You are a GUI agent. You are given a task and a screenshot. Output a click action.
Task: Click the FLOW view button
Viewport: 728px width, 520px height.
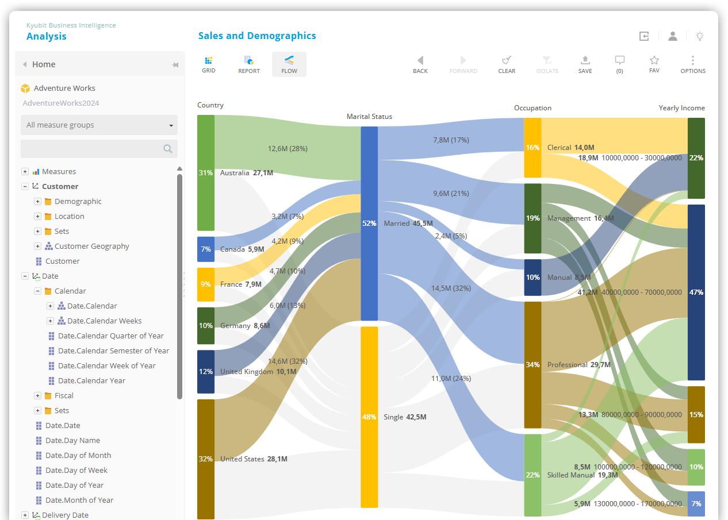[289, 64]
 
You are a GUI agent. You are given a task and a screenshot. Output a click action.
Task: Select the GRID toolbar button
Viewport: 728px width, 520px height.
[209, 64]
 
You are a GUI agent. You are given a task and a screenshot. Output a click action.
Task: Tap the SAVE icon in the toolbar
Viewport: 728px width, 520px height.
[585, 64]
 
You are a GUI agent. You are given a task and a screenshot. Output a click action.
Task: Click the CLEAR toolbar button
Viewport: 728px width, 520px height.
[507, 64]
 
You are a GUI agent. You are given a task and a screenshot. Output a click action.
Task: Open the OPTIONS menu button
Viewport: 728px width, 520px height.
[693, 64]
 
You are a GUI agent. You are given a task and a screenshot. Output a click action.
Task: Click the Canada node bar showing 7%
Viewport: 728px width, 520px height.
[206, 249]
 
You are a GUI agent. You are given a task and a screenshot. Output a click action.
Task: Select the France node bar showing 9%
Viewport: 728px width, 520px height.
[206, 284]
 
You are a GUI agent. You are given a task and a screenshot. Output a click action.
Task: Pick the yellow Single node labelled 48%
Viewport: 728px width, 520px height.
[369, 417]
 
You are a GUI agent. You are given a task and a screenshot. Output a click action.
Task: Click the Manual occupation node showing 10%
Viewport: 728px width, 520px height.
[532, 278]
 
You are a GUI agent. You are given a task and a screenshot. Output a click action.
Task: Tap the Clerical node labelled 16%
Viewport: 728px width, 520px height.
[532, 148]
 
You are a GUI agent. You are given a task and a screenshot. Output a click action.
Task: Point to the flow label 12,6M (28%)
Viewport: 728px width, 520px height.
[288, 149]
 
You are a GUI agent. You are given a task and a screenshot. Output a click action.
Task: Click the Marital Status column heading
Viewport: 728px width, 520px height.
[369, 117]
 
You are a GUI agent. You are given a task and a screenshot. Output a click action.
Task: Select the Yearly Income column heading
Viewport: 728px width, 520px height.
[681, 108]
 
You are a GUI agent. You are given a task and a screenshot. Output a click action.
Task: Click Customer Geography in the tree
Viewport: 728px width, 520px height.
[91, 246]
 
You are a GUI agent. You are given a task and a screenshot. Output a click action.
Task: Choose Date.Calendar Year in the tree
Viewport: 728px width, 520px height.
[91, 380]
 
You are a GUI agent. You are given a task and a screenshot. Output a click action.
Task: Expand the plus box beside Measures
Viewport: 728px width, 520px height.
[25, 171]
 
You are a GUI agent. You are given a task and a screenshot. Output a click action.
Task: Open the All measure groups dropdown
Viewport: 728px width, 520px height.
[99, 125]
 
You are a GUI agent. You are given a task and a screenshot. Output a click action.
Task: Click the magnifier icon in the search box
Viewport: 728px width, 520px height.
[167, 149]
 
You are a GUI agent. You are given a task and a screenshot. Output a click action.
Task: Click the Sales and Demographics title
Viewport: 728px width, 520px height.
[257, 36]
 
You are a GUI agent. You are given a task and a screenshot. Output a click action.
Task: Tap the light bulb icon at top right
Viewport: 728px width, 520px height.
[700, 36]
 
